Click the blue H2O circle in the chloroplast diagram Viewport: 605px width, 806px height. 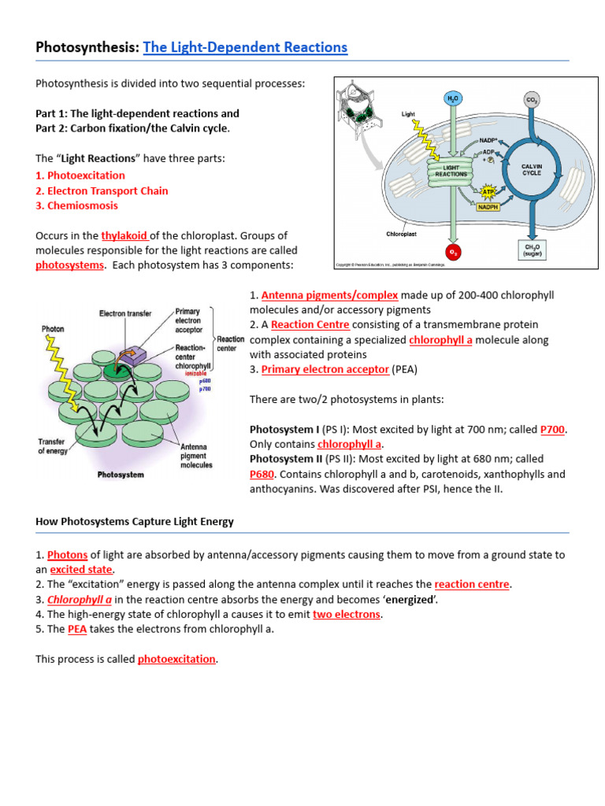point(453,98)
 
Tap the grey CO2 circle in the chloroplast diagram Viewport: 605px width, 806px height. point(533,99)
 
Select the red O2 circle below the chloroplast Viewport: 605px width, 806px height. point(453,252)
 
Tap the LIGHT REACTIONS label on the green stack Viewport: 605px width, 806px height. point(455,171)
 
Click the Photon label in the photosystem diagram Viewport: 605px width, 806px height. point(54,329)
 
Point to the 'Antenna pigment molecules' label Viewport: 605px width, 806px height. point(196,456)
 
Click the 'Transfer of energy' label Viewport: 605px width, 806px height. point(51,446)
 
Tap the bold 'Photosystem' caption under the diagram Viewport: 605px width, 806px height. point(120,475)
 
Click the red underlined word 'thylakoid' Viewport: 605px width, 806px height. point(124,235)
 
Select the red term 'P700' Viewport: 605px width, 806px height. point(553,429)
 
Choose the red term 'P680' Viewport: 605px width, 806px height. point(263,475)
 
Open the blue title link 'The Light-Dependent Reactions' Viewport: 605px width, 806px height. point(245,47)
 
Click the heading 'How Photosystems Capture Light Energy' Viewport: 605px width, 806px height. point(135,522)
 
